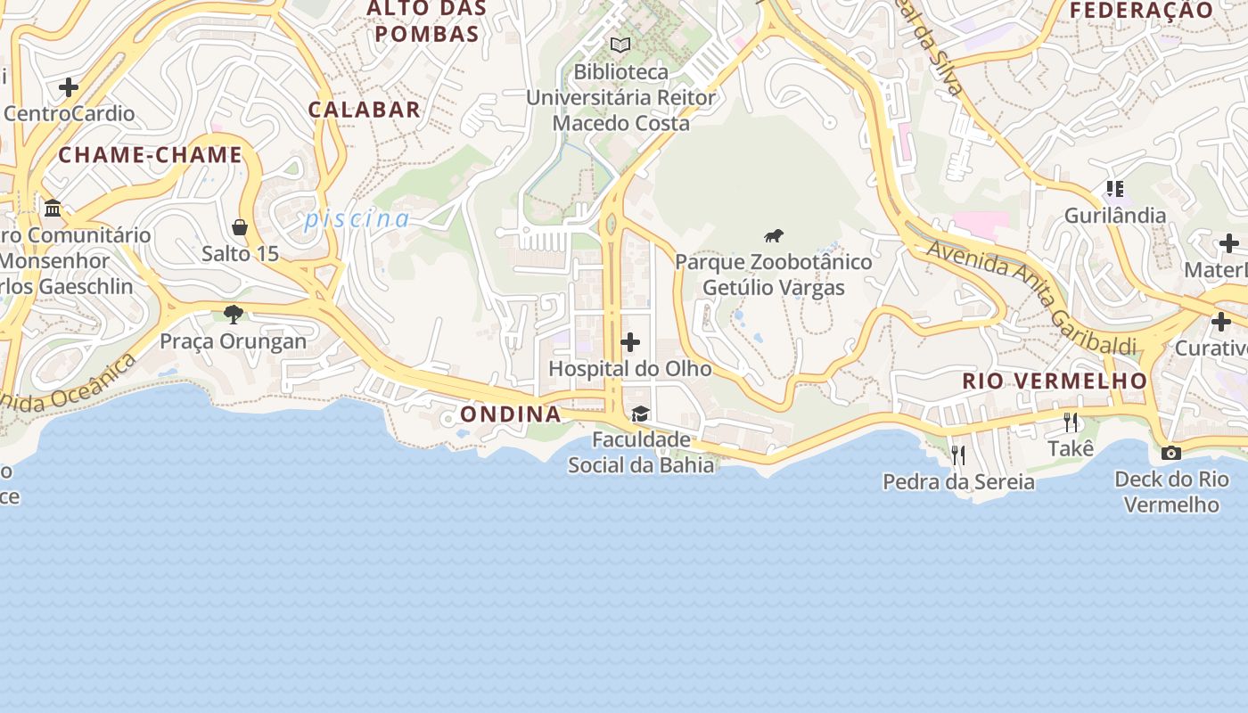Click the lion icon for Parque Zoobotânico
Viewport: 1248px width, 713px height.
pyautogui.click(x=774, y=236)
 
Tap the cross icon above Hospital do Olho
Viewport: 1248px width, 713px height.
pyautogui.click(x=630, y=342)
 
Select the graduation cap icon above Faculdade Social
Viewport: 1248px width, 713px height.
pyautogui.click(x=640, y=414)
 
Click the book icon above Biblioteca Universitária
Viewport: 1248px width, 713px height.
pyautogui.click(x=620, y=45)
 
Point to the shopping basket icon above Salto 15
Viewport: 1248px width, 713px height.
pyautogui.click(x=239, y=227)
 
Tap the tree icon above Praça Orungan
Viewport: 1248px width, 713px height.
pyautogui.click(x=234, y=314)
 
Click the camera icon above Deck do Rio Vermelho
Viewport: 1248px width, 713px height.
pyautogui.click(x=1171, y=453)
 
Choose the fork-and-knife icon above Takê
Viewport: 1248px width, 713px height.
pyautogui.click(x=1071, y=422)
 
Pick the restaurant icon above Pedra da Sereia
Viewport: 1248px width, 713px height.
pyautogui.click(x=958, y=455)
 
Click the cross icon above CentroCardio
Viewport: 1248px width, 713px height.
pyautogui.click(x=69, y=87)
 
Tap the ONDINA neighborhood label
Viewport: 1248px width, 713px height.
pyautogui.click(x=511, y=414)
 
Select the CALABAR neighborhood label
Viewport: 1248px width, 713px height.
pyautogui.click(x=364, y=110)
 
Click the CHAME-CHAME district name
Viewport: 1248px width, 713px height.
pyautogui.click(x=151, y=155)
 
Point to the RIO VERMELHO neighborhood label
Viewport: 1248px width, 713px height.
pyautogui.click(x=1055, y=381)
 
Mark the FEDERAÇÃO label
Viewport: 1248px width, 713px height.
pyautogui.click(x=1141, y=11)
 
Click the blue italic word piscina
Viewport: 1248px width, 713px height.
pyautogui.click(x=357, y=219)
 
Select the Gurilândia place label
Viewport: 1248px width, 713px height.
pyautogui.click(x=1115, y=216)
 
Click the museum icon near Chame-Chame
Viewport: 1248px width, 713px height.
pyautogui.click(x=53, y=209)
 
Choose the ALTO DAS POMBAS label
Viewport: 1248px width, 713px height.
pyautogui.click(x=427, y=21)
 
